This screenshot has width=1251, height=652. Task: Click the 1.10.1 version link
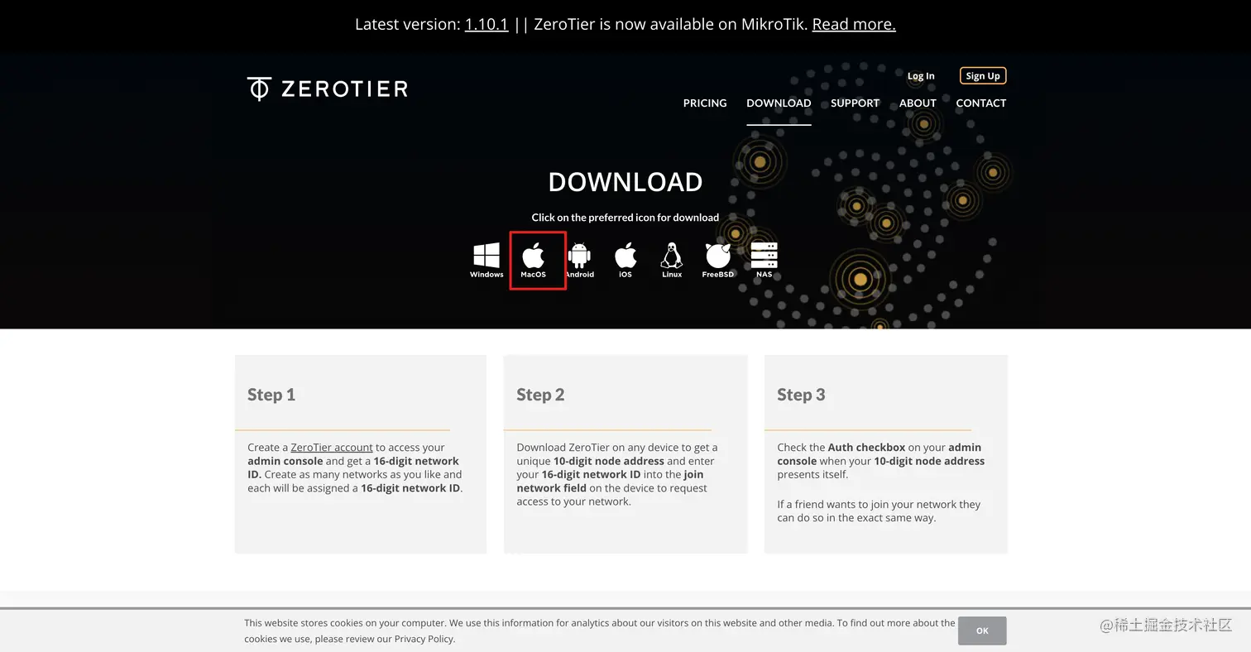point(486,24)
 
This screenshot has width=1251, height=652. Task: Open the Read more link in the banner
point(853,24)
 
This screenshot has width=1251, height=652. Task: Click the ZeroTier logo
point(328,89)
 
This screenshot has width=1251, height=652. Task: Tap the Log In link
point(920,76)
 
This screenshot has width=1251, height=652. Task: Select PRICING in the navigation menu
point(705,103)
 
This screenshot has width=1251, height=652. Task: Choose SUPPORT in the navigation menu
point(855,103)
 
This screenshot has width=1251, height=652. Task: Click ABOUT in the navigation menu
point(917,103)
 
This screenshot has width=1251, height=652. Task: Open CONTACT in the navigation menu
point(980,103)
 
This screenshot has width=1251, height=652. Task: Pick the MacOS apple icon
point(534,256)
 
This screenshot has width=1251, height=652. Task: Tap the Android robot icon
point(579,256)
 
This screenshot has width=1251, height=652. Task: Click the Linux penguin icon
point(671,256)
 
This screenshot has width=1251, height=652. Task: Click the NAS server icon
point(764,256)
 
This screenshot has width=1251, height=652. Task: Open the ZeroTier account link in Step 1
point(331,448)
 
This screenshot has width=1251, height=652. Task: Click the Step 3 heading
point(801,395)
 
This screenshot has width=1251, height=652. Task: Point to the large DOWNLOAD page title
point(625,182)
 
